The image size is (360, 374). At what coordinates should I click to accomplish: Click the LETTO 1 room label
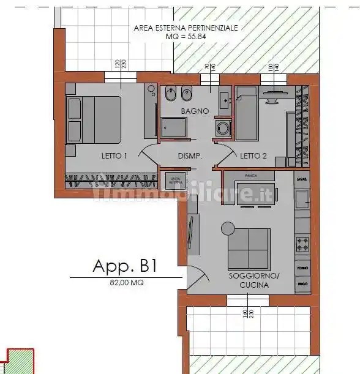114,156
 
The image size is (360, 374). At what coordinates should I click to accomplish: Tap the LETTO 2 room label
253,156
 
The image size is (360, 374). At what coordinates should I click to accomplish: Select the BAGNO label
195,111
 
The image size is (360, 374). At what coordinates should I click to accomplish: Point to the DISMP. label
190,156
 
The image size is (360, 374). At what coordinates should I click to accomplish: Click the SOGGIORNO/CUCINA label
253,280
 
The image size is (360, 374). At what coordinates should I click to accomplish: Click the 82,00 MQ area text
127,283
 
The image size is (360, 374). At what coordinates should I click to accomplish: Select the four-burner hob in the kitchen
302,244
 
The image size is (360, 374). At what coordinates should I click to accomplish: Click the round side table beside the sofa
228,228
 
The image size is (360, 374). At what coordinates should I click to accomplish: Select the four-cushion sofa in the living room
249,248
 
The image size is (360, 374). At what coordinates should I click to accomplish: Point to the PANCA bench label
250,176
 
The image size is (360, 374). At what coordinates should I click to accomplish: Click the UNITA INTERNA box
175,179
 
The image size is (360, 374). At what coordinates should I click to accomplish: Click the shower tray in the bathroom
176,128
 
